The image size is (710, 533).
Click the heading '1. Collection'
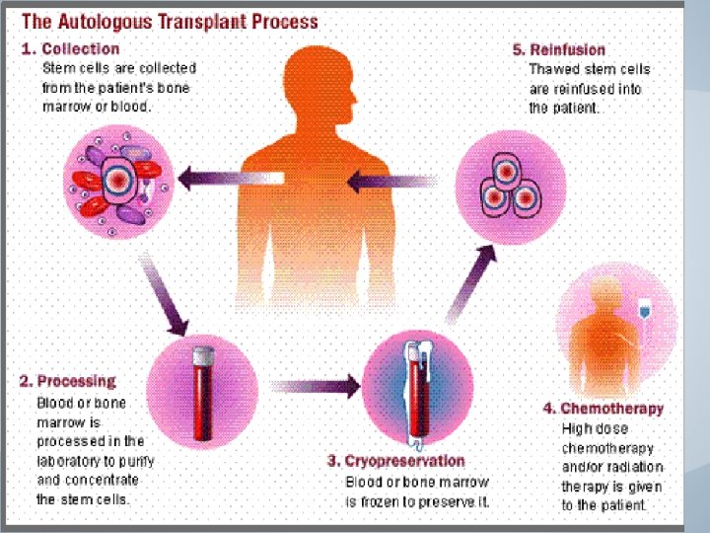(71, 48)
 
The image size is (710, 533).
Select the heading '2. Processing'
(67, 381)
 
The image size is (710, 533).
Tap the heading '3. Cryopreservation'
(396, 460)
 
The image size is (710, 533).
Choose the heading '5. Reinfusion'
(558, 48)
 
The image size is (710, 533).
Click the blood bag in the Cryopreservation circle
(415, 384)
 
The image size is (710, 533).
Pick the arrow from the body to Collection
(225, 179)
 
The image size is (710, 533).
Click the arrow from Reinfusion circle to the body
(393, 181)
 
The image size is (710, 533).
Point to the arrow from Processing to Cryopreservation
(316, 385)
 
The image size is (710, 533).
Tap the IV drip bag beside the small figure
(644, 309)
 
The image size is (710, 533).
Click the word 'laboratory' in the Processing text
(67, 460)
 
